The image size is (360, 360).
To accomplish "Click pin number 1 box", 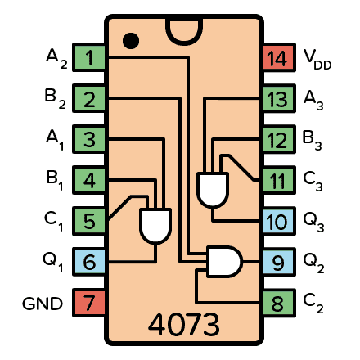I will click(x=88, y=57).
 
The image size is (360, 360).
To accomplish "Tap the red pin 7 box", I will click(x=88, y=303).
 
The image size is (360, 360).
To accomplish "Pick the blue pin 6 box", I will click(x=88, y=262).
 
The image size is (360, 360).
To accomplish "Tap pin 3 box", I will click(x=88, y=139).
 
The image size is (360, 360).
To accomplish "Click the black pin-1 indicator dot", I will click(x=129, y=39).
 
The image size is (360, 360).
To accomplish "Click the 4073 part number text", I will click(x=183, y=325).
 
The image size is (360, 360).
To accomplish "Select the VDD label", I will click(x=317, y=57).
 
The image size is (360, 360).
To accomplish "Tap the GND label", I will click(x=43, y=304).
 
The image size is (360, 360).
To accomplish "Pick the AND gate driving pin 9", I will click(x=224, y=262).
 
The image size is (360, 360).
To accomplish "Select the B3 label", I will click(x=313, y=139).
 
